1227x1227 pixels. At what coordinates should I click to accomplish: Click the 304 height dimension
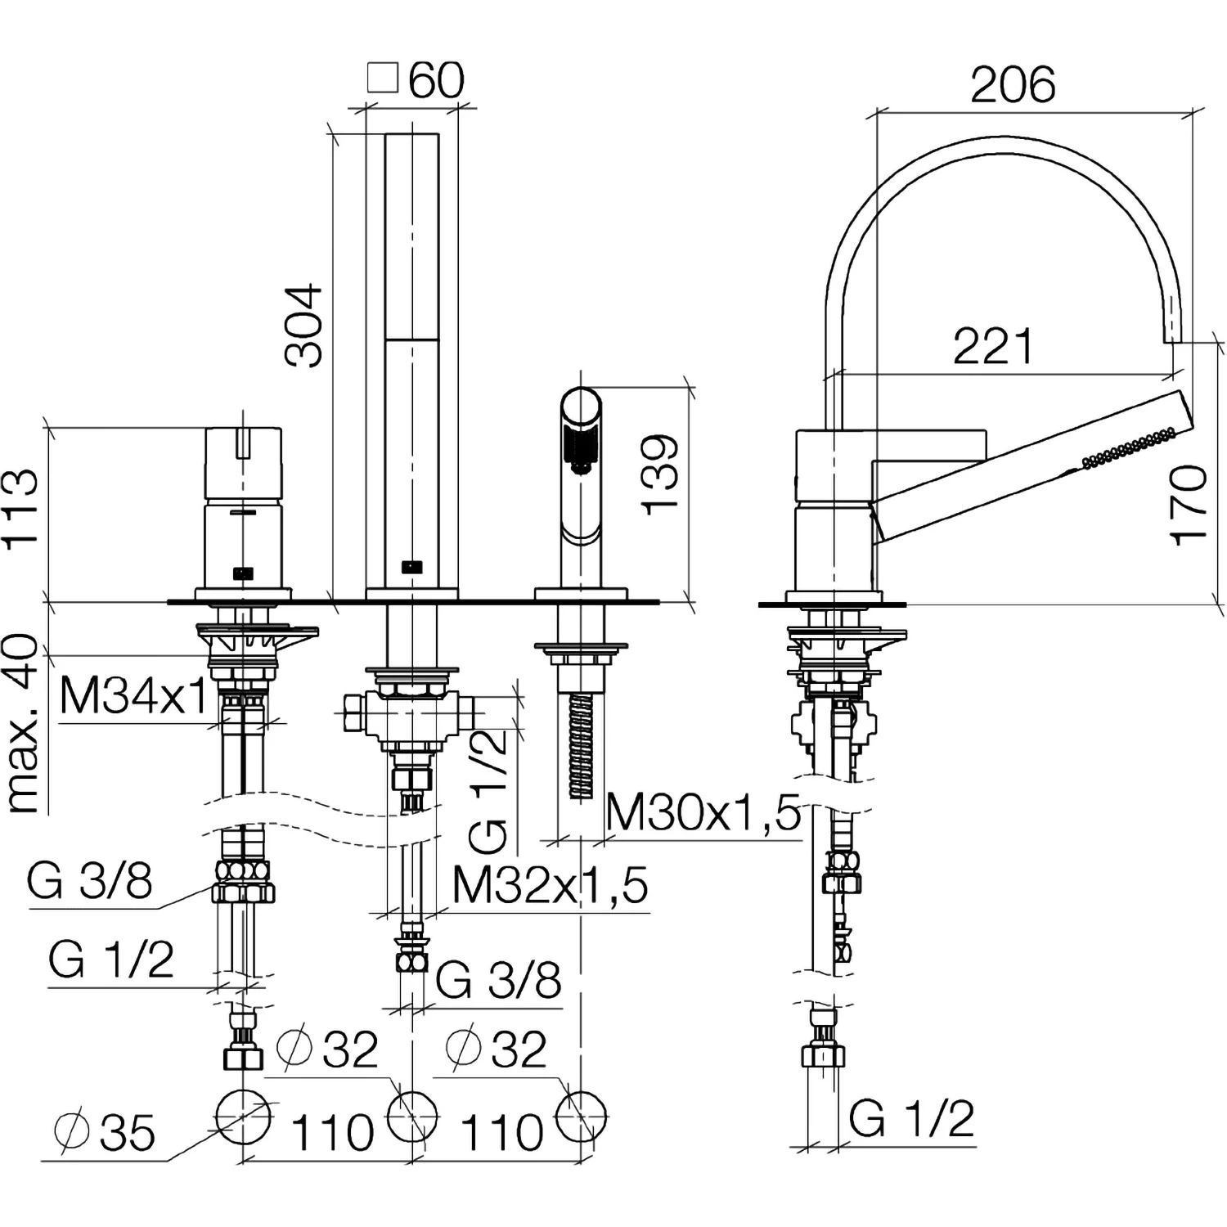[303, 325]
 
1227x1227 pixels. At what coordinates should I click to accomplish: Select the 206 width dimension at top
[1013, 85]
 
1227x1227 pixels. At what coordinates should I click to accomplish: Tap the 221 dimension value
[994, 347]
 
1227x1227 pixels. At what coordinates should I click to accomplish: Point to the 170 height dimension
[1189, 505]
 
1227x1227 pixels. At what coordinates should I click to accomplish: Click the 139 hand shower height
[661, 474]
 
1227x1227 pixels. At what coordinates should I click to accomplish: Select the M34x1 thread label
[133, 697]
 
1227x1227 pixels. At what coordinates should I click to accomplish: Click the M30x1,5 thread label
[703, 813]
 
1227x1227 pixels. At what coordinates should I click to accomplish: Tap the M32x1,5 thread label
[551, 884]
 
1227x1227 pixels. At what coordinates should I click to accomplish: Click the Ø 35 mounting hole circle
[244, 1117]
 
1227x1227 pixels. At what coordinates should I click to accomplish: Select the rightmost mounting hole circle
[581, 1117]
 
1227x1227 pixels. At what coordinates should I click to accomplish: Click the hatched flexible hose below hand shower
[580, 744]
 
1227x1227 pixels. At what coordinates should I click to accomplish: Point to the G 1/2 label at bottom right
[912, 1118]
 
